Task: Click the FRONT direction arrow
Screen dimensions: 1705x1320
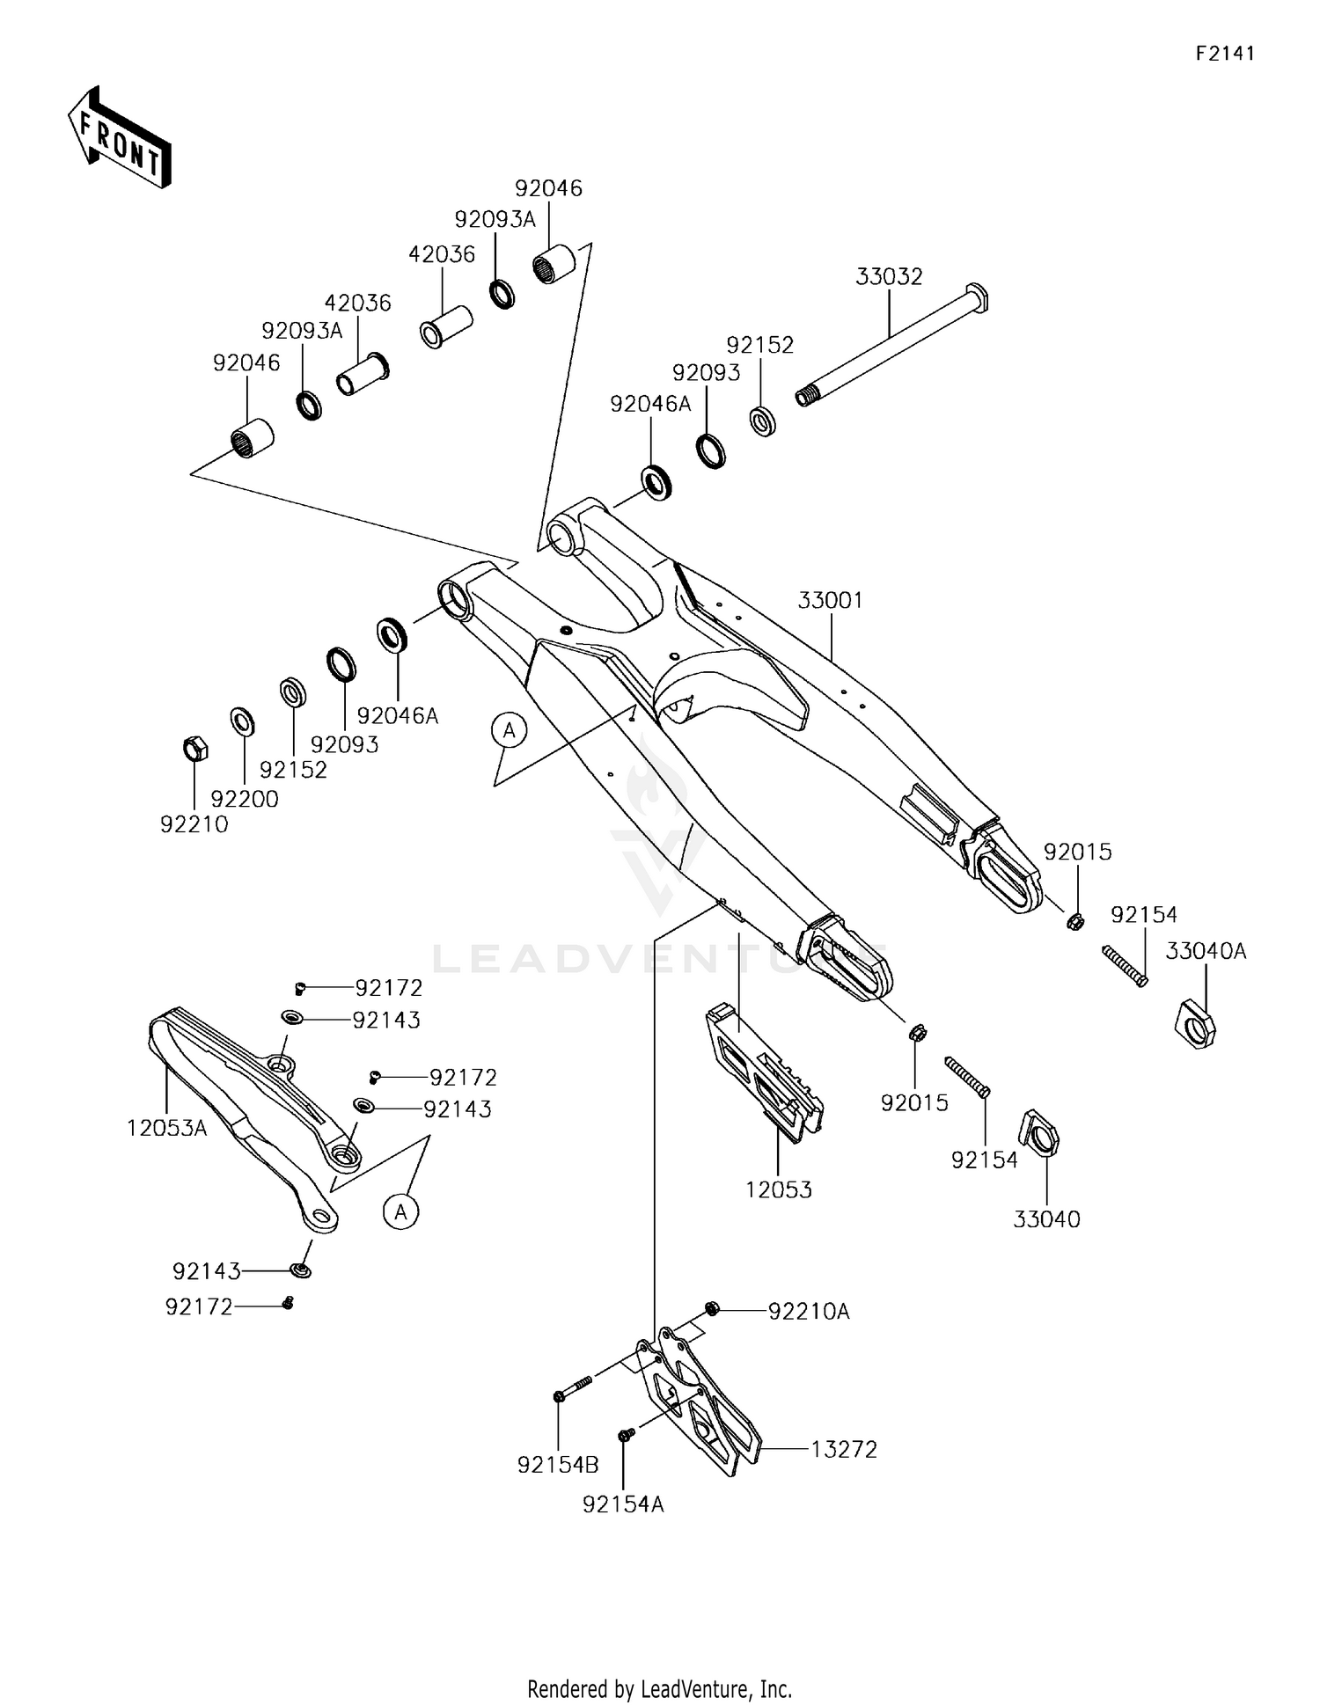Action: [x=119, y=138]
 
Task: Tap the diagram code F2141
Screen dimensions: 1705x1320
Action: [x=1224, y=54]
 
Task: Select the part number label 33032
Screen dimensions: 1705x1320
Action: [x=889, y=277]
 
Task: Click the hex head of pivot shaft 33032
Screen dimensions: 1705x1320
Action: [x=977, y=297]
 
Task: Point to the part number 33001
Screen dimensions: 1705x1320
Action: [x=830, y=601]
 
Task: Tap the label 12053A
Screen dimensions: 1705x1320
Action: [x=166, y=1128]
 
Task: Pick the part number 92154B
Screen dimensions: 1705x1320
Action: [x=558, y=1465]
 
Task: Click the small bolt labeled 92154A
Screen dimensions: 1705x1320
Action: [x=626, y=1435]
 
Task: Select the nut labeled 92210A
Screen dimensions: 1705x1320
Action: [x=712, y=1309]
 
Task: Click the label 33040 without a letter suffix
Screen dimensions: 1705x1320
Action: [x=1046, y=1219]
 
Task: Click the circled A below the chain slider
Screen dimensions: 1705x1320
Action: [x=401, y=1211]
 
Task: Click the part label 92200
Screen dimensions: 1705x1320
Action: [x=245, y=799]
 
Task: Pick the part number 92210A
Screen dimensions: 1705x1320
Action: [x=809, y=1312]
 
